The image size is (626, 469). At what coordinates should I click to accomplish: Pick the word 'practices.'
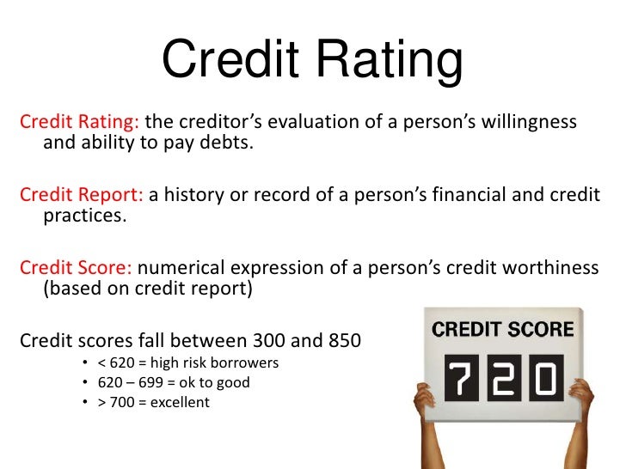coord(84,216)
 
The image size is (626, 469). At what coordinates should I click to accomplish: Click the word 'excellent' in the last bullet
coord(180,402)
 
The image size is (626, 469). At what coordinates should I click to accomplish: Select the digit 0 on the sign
coord(543,377)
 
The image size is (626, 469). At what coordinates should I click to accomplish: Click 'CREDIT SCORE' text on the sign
coord(502,330)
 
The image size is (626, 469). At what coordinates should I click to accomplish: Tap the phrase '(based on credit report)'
coord(147,289)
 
